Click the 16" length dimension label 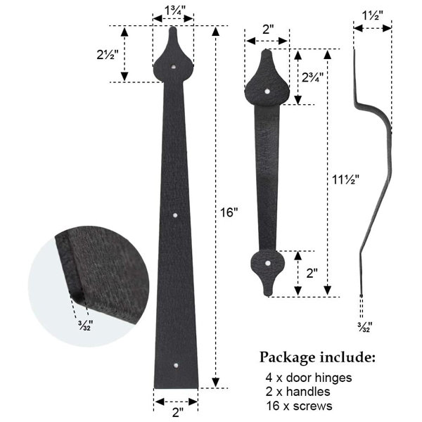click(x=229, y=212)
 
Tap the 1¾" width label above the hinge click(x=175, y=11)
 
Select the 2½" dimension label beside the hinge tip click(x=108, y=55)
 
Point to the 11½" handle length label click(x=346, y=179)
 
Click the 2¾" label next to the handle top click(x=312, y=77)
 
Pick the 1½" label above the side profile click(x=373, y=15)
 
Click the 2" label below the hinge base click(x=178, y=412)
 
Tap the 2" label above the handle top click(x=268, y=29)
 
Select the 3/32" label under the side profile click(x=364, y=327)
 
